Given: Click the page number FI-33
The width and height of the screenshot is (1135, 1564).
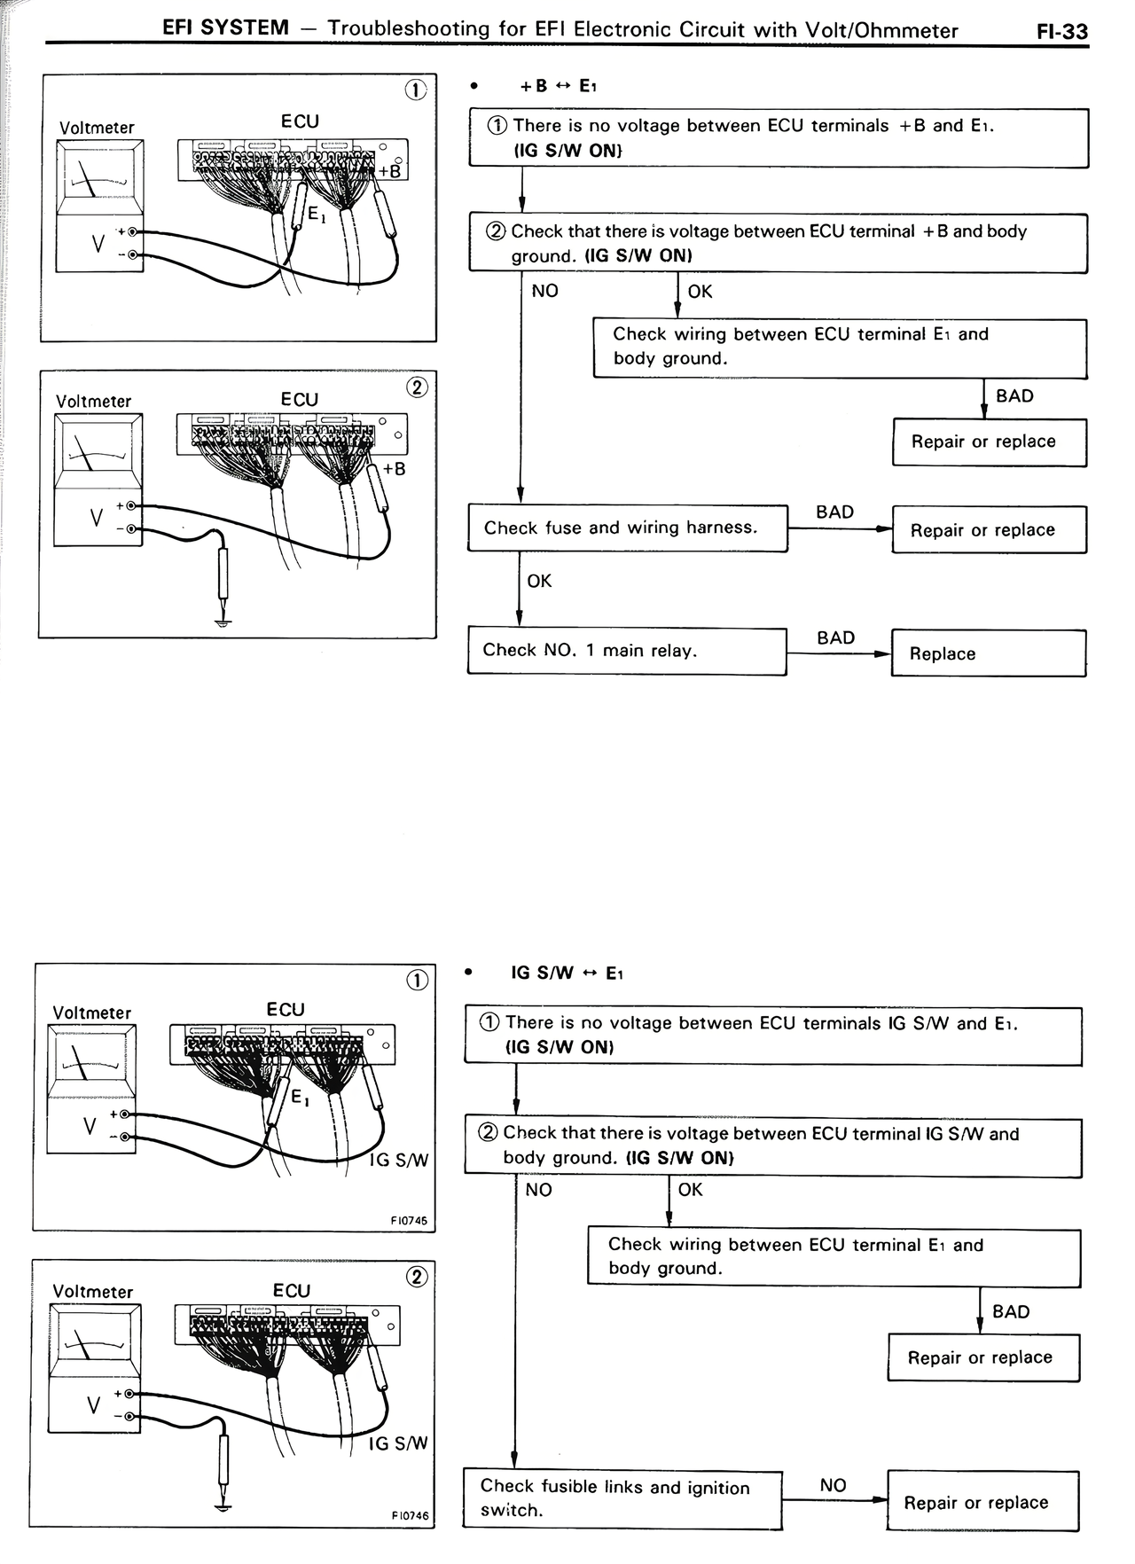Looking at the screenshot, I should click(x=1061, y=31).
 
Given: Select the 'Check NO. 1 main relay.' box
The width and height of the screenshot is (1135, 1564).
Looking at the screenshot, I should click(x=627, y=652).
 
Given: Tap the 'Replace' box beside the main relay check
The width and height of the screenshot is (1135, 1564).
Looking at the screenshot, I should click(x=988, y=653).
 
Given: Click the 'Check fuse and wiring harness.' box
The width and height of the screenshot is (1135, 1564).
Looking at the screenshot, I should click(x=627, y=528).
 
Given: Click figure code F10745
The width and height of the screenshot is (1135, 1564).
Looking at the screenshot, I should click(x=409, y=1221).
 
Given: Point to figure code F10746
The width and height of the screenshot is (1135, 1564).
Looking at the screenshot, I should click(x=410, y=1515).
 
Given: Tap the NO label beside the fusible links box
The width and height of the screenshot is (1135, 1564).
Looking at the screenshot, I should click(x=833, y=1485).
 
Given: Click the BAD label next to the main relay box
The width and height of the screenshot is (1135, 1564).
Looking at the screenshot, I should click(x=835, y=637).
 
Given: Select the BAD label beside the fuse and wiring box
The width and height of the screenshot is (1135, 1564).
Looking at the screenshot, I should click(x=834, y=512).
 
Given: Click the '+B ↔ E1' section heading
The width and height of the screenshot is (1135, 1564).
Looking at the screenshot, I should click(x=559, y=86).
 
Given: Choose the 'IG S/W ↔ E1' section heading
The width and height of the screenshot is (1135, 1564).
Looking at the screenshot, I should click(x=567, y=974).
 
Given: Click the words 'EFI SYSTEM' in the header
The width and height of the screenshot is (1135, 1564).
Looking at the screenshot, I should click(x=225, y=27).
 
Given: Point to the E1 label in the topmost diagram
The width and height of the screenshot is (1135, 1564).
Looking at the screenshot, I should click(x=316, y=214).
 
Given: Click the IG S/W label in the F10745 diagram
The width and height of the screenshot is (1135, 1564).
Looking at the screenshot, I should click(x=399, y=1160).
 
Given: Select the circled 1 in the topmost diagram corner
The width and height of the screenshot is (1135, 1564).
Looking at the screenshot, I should click(x=416, y=90).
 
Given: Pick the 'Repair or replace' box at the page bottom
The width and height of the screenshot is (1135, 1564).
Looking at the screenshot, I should click(x=982, y=1502).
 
